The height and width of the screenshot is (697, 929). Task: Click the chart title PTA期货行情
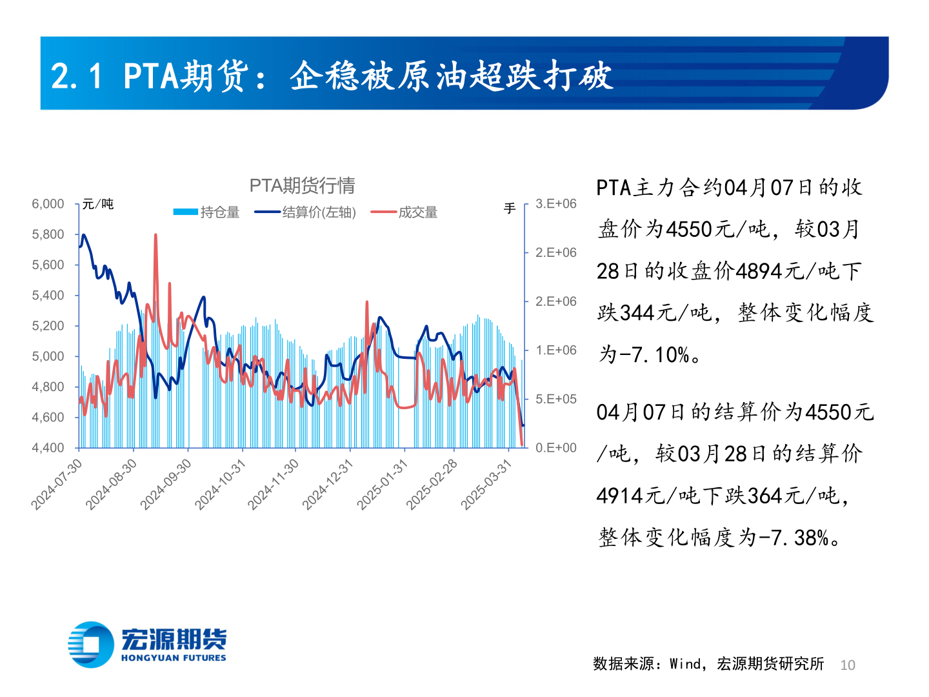pos(302,186)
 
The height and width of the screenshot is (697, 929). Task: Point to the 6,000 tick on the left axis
pos(48,204)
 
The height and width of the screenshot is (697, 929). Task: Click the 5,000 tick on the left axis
pos(48,356)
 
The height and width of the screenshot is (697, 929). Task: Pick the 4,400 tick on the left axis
pos(48,448)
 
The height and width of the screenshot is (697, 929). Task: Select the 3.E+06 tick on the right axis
pos(555,204)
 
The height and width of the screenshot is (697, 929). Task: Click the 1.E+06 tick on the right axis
pos(555,350)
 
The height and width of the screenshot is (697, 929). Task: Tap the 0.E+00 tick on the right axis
pos(555,448)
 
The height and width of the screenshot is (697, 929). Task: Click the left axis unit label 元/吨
pos(98,204)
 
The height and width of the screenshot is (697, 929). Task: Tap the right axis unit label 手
pos(510,208)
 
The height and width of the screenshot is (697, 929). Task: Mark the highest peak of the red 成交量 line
pos(155,236)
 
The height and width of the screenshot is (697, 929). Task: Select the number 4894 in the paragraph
pos(759,271)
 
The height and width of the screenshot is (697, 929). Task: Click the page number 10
pos(848,665)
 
